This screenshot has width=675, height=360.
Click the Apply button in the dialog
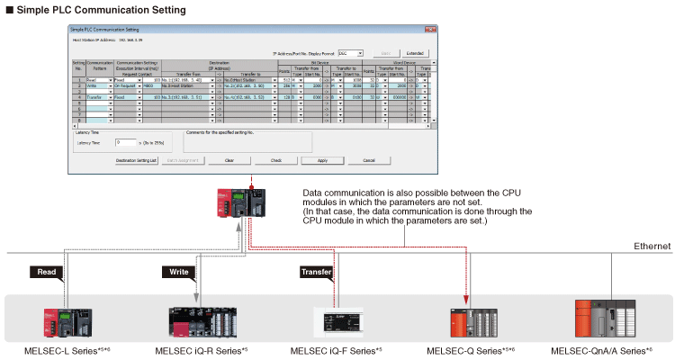coord(321,160)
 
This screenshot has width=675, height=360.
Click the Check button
coord(275,160)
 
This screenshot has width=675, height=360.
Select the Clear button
coord(229,160)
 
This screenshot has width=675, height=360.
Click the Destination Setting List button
coord(137,160)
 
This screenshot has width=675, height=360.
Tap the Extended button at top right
coord(415,53)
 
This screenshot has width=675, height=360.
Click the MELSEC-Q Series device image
coord(469,320)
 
